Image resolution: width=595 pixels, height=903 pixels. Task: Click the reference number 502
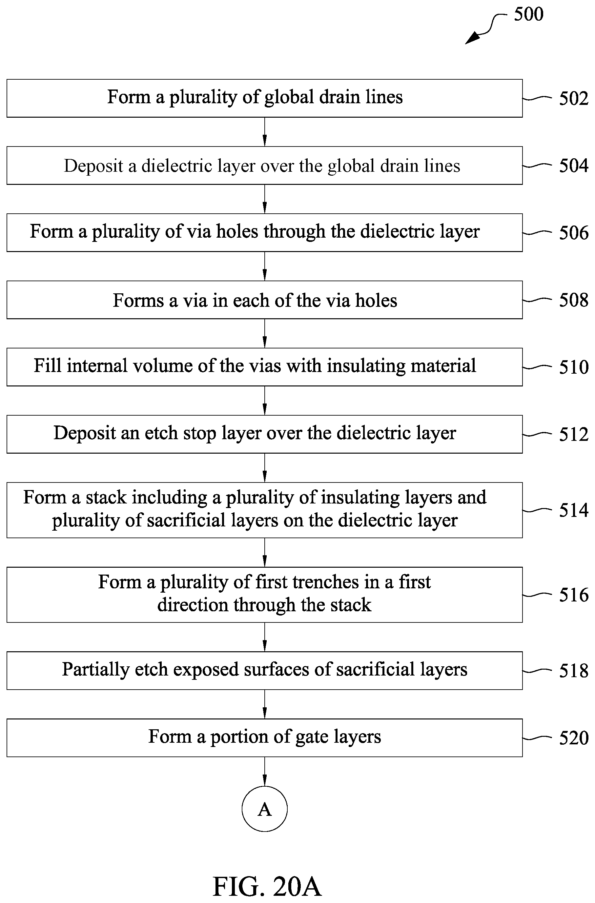pyautogui.click(x=573, y=98)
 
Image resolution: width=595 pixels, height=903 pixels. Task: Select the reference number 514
pyautogui.click(x=573, y=510)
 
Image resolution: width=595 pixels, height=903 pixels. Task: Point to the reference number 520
pyautogui.click(x=573, y=738)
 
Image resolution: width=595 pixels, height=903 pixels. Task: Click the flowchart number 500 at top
pyautogui.click(x=528, y=14)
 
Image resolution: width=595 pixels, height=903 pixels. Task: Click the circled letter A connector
pyautogui.click(x=265, y=809)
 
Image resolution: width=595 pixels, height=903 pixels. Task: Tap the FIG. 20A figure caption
pyautogui.click(x=267, y=887)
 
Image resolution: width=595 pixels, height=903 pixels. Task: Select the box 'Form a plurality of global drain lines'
pyautogui.click(x=265, y=98)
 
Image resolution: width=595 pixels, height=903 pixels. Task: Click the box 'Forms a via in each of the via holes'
pyautogui.click(x=265, y=300)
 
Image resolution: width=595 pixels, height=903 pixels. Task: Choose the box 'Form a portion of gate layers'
pyautogui.click(x=265, y=738)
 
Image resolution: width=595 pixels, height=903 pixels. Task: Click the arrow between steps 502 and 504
pyautogui.click(x=265, y=132)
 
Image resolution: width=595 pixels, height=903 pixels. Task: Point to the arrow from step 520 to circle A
pyautogui.click(x=265, y=772)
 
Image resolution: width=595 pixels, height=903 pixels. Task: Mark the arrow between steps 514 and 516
pyautogui.click(x=265, y=552)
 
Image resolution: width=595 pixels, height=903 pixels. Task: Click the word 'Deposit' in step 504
pyautogui.click(x=93, y=166)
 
